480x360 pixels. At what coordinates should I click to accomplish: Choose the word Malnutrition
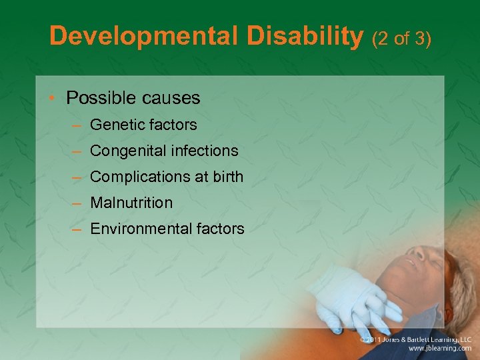(131, 203)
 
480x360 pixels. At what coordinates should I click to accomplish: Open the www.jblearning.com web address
(441, 348)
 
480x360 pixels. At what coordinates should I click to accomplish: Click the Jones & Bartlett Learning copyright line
(415, 339)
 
